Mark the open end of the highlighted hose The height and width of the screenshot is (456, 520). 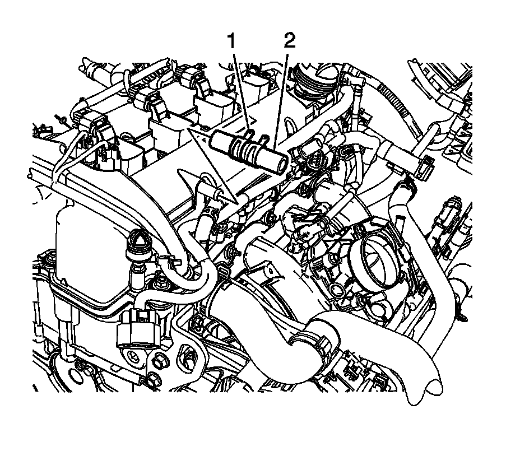pyautogui.click(x=283, y=163)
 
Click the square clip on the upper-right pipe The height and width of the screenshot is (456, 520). pyautogui.click(x=426, y=162)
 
